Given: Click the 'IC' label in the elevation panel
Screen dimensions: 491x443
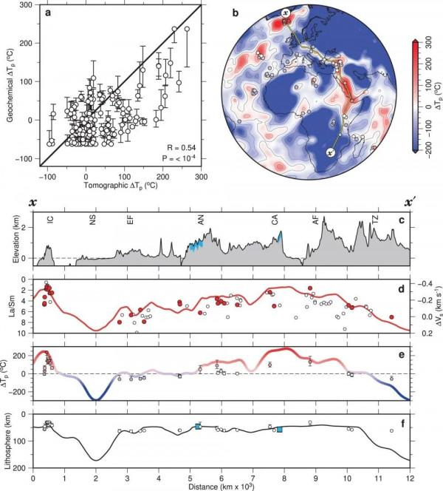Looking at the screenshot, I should pyautogui.click(x=49, y=220).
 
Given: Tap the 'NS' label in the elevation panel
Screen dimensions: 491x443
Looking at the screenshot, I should pyautogui.click(x=94, y=220).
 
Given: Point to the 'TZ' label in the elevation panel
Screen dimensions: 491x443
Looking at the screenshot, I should pyautogui.click(x=376, y=220).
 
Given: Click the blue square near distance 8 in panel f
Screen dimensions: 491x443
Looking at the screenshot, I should pyautogui.click(x=279, y=429).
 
